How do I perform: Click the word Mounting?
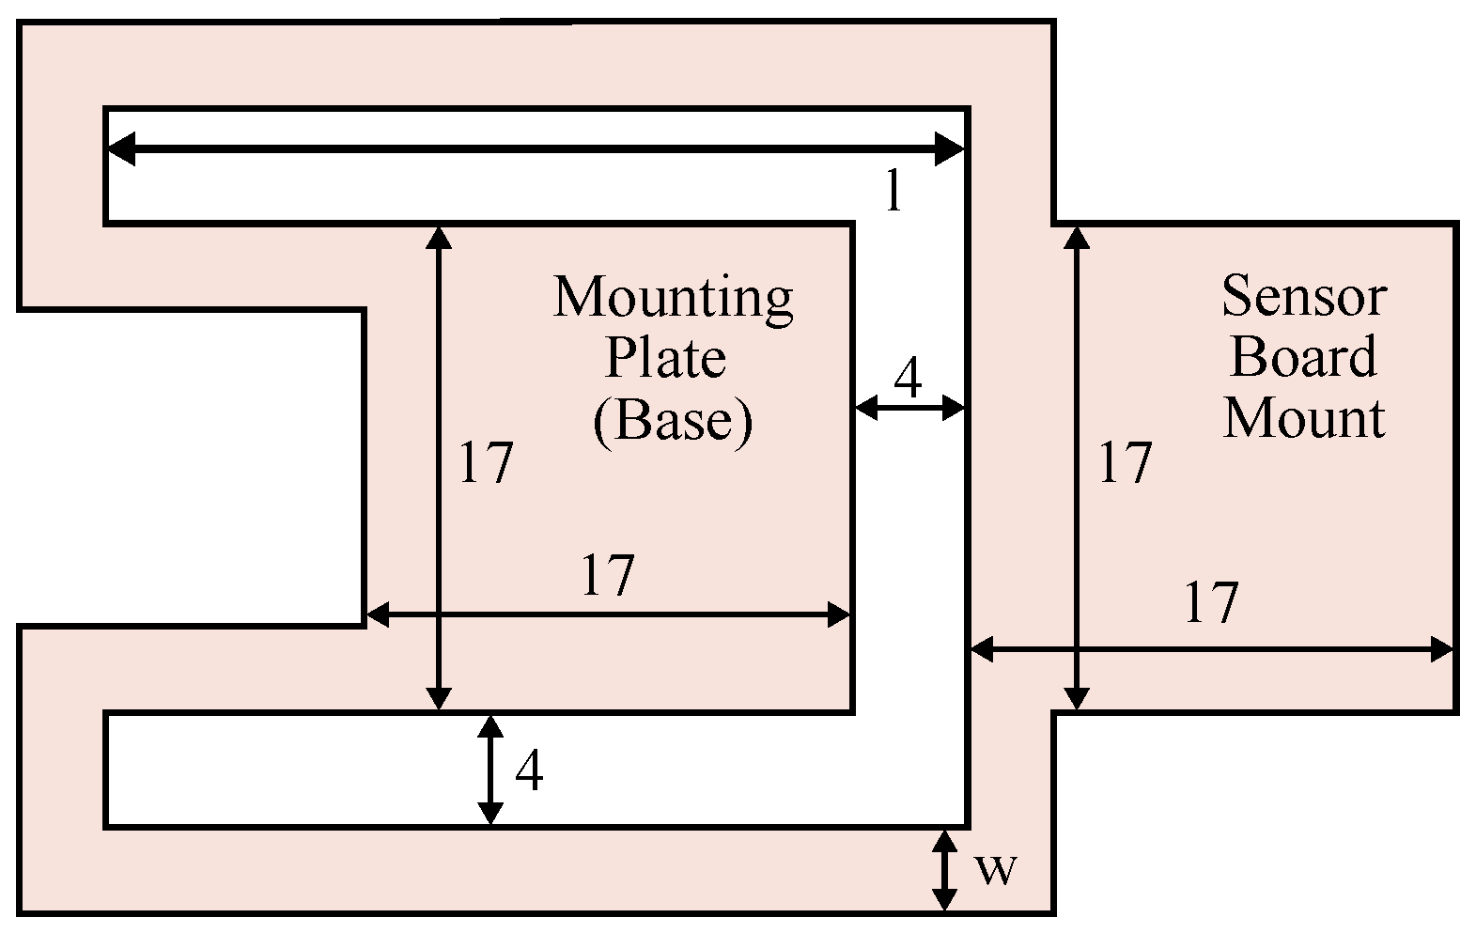pos(674,299)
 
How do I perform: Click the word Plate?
pos(665,359)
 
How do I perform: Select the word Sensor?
pos(1303,297)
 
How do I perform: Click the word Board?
pos(1303,357)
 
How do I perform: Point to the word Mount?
pos(1303,417)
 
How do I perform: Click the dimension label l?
pos(893,193)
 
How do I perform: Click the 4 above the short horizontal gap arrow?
pos(908,380)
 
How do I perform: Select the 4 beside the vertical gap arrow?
pos(529,772)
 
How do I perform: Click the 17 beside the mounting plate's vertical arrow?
pos(485,463)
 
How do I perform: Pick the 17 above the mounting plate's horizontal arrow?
pos(607,575)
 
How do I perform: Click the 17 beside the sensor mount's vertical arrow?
pos(1125,463)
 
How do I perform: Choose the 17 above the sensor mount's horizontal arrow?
pos(1211,603)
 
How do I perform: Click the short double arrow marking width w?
pos(945,870)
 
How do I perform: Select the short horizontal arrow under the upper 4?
pos(909,408)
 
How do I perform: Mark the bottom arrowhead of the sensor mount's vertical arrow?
pos(1078,696)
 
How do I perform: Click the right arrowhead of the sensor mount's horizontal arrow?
pos(1440,648)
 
